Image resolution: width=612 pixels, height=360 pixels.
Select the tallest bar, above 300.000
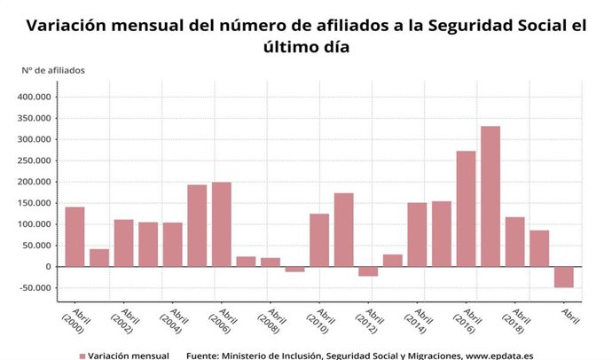(490, 196)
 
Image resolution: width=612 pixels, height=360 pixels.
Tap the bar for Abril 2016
(466, 208)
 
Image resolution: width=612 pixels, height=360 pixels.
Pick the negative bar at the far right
(564, 277)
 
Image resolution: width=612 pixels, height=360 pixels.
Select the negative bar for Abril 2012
(368, 271)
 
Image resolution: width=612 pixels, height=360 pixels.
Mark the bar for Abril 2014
(417, 235)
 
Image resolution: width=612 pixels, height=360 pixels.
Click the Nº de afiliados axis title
(54, 69)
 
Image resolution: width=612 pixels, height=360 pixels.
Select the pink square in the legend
(82, 356)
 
